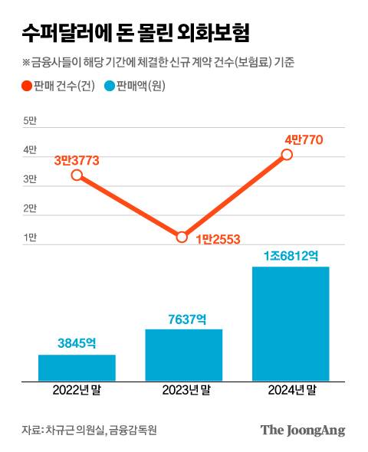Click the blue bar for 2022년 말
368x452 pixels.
pyautogui.click(x=77, y=367)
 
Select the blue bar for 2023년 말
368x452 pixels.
pyautogui.click(x=184, y=354)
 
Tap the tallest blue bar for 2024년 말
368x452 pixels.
pyautogui.click(x=291, y=323)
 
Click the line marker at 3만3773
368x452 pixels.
pyautogui.click(x=77, y=175)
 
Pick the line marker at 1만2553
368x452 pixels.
pyautogui.click(x=182, y=237)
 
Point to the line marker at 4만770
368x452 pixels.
pyautogui.click(x=287, y=154)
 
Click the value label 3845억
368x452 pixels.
pyautogui.click(x=77, y=344)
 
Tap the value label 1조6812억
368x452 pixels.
pyautogui.click(x=291, y=256)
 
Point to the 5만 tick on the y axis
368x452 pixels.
pyautogui.click(x=30, y=121)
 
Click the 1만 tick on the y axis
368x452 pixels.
pyautogui.click(x=30, y=237)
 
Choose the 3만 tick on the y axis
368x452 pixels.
pyautogui.click(x=30, y=179)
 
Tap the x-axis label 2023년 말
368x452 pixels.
pyautogui.click(x=184, y=391)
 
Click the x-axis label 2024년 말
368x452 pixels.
pyautogui.click(x=291, y=391)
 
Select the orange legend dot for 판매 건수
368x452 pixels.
pyautogui.click(x=28, y=86)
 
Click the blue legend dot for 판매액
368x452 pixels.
pyautogui.click(x=110, y=86)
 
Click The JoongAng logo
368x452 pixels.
pyautogui.click(x=303, y=430)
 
